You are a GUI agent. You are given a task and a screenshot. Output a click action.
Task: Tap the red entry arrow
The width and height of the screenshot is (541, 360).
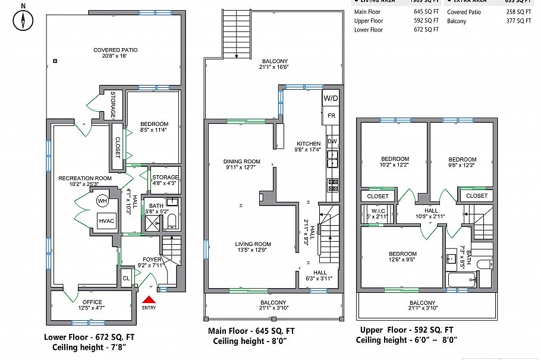click(148, 301)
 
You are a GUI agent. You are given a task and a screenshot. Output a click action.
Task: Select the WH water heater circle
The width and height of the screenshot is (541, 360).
click(102, 201)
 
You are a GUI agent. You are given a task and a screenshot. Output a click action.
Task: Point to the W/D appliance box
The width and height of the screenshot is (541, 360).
click(331, 98)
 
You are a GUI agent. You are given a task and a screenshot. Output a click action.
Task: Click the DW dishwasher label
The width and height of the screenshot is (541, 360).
click(332, 141)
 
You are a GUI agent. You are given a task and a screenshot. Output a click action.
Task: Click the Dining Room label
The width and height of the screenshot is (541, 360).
click(242, 165)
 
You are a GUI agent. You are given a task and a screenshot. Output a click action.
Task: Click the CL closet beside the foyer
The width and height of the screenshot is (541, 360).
click(126, 278)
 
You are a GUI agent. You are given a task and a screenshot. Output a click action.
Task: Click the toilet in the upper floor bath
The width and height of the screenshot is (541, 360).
click(484, 264)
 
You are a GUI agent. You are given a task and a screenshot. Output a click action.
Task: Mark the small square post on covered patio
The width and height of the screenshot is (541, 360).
click(55, 61)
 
